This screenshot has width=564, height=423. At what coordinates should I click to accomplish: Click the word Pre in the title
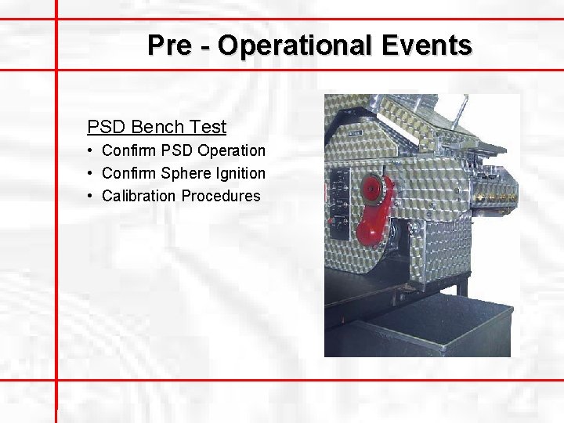[x=168, y=45]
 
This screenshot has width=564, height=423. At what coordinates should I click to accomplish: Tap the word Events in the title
[x=427, y=45]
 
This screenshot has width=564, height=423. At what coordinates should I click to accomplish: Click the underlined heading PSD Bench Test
[x=157, y=127]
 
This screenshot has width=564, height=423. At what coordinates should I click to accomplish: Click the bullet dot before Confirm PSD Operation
[x=92, y=150]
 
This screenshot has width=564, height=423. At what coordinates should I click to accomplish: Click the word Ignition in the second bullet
[x=238, y=173]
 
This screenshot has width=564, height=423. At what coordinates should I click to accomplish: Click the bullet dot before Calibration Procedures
[x=92, y=196]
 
